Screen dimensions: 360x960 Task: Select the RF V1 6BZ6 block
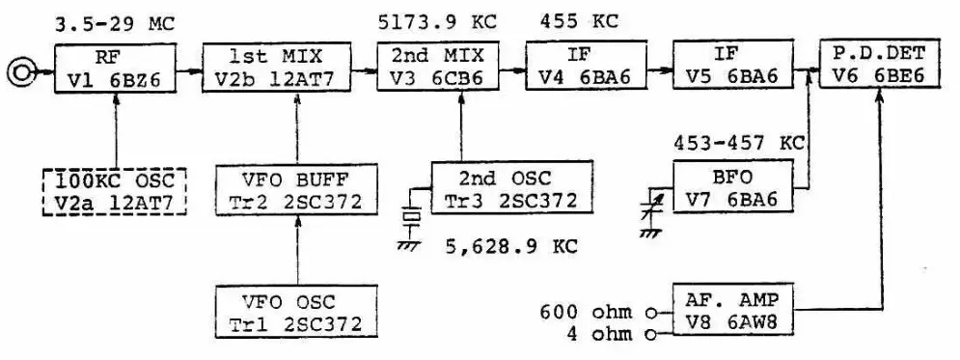tap(116, 67)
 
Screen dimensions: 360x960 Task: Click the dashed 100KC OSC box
tap(117, 191)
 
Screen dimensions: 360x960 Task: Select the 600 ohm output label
tap(591, 311)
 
